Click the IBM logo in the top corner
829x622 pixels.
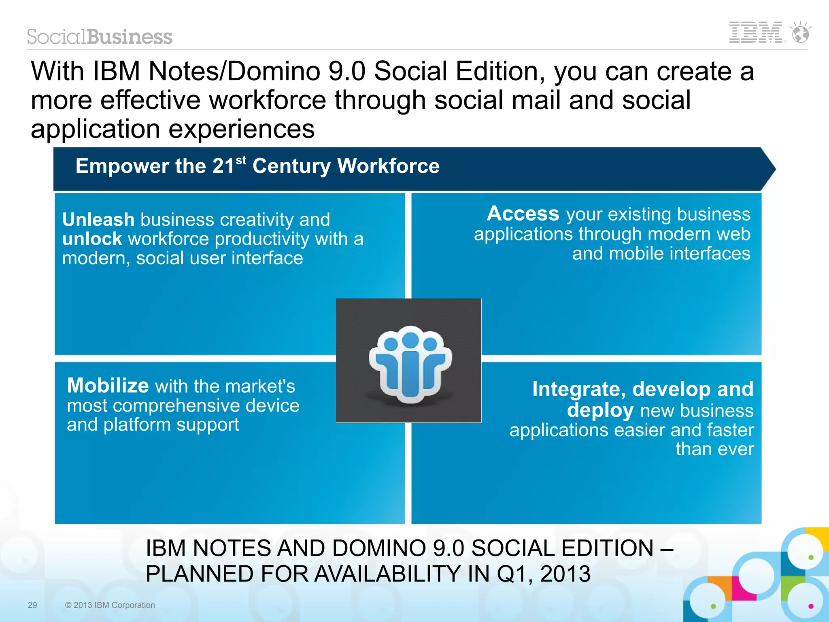pyautogui.click(x=755, y=32)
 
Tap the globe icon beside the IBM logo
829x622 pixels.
pyautogui.click(x=801, y=33)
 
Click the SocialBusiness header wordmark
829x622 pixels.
pyautogui.click(x=100, y=37)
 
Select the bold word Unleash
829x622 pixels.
pyautogui.click(x=98, y=220)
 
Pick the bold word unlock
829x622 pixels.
pyautogui.click(x=92, y=239)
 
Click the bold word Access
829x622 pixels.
pyautogui.click(x=523, y=213)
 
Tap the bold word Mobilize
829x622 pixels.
pyautogui.click(x=108, y=385)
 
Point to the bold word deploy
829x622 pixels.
pyautogui.click(x=600, y=410)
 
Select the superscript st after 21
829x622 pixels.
pyautogui.click(x=241, y=160)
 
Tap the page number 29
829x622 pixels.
pyautogui.click(x=32, y=605)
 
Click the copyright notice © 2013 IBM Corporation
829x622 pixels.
pyautogui.click(x=110, y=605)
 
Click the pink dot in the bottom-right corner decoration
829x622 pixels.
pyautogui.click(x=811, y=606)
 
